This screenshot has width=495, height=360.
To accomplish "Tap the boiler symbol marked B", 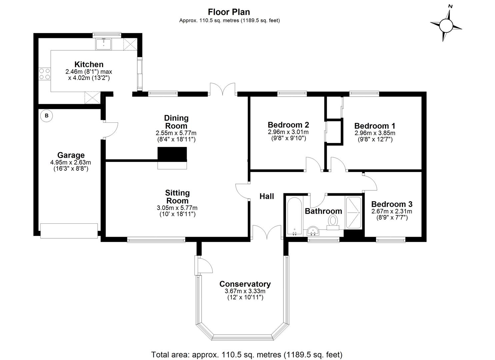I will (x=47, y=116).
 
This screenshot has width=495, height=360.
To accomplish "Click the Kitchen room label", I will (x=89, y=64).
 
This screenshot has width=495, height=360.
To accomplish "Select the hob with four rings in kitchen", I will (x=44, y=74).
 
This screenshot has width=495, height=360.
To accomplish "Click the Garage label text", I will (x=71, y=155).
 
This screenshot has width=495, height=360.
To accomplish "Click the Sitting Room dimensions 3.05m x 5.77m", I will (x=177, y=208).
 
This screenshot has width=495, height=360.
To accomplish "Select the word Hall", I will (x=267, y=196).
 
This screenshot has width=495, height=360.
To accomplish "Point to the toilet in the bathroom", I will (x=333, y=222).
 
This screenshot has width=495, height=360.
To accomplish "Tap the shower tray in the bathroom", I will (x=353, y=212).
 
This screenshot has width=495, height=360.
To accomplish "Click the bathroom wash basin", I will (x=313, y=231).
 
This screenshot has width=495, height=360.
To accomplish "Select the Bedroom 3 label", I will (x=392, y=204).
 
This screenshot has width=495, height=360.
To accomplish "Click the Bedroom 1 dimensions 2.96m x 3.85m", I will (x=375, y=133).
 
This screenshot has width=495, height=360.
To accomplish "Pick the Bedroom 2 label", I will (x=288, y=125).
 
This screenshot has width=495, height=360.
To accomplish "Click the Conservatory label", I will (x=245, y=284).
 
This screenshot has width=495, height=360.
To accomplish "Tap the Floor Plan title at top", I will (x=229, y=12).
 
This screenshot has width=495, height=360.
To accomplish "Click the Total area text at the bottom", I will (x=247, y=354).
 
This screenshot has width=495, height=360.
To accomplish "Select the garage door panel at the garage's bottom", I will (x=69, y=231).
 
